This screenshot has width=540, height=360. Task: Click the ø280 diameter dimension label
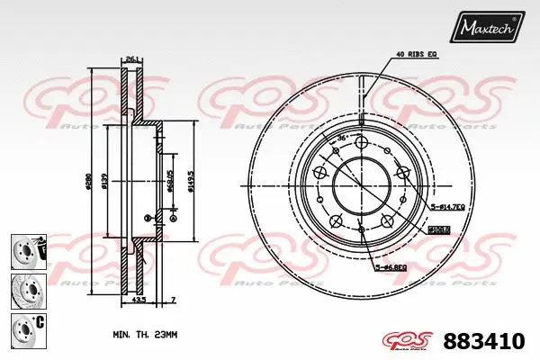tap(88, 183)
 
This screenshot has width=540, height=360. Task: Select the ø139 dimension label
tap(105, 183)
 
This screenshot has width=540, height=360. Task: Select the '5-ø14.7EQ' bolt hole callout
tap(447, 207)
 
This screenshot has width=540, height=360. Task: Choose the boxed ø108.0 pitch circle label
tap(438, 229)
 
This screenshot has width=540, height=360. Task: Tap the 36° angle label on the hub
tap(343, 137)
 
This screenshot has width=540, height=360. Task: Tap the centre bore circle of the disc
tap(358, 184)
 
